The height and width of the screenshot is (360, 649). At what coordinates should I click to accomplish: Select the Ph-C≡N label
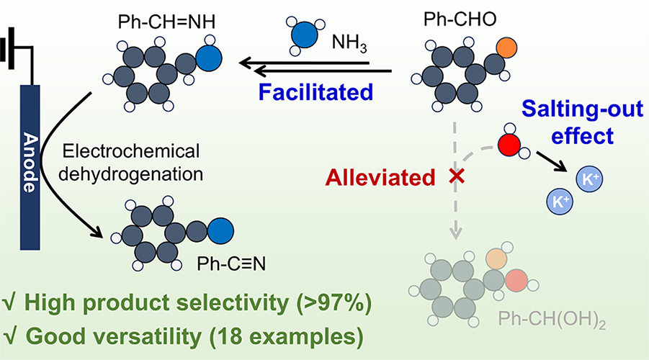tap(228, 266)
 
